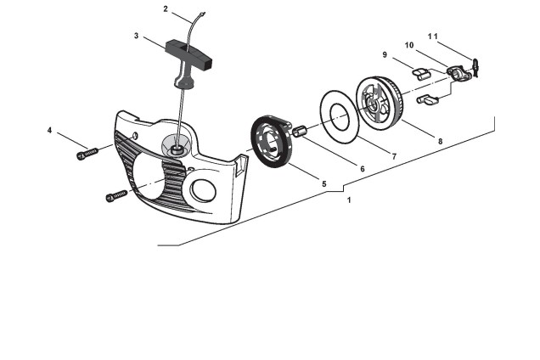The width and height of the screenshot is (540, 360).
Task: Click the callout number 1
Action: (x=348, y=200)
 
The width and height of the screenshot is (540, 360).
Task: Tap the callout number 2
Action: (x=166, y=8)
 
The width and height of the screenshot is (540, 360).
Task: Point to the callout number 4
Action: (x=50, y=131)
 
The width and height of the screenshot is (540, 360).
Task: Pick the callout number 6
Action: (x=362, y=169)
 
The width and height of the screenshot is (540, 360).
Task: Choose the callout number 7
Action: (x=392, y=156)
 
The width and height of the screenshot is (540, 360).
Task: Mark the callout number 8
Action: (x=439, y=142)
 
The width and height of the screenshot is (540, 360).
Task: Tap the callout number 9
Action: (x=385, y=54)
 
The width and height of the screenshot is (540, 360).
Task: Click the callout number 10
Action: (x=409, y=44)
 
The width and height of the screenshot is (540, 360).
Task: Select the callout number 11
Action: (x=433, y=37)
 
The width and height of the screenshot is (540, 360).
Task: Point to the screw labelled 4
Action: (x=87, y=153)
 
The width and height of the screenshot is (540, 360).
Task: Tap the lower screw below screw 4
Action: (x=116, y=196)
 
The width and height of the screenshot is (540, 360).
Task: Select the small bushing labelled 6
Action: (x=300, y=131)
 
